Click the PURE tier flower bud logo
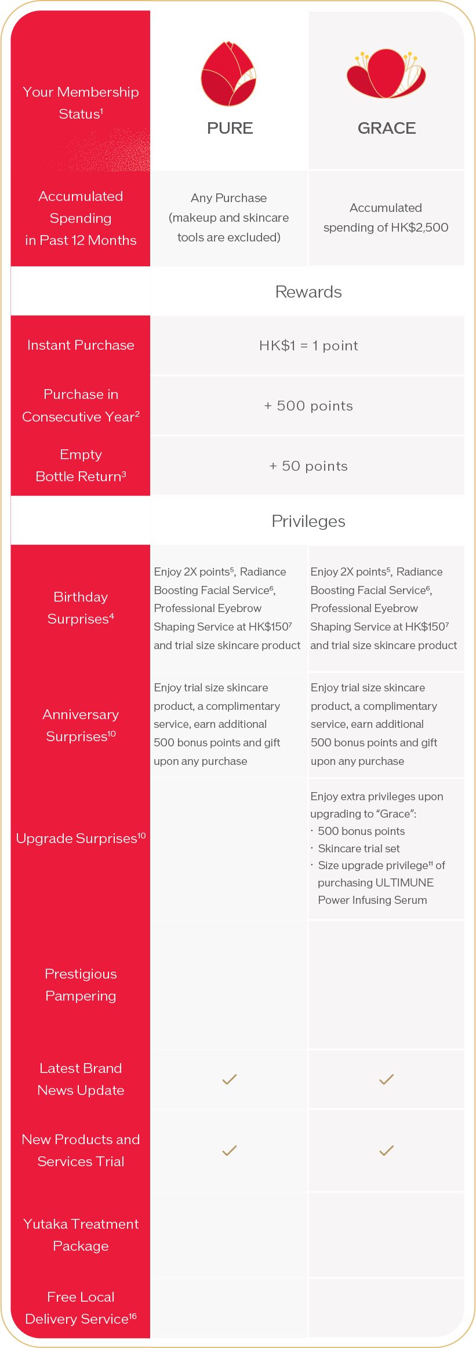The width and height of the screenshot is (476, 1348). [x=229, y=74]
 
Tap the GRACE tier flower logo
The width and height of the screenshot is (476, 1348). [x=386, y=74]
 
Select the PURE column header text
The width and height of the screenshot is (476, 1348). [x=230, y=128]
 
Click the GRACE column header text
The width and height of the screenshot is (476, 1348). [x=387, y=128]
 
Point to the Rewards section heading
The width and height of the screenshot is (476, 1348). [x=308, y=292]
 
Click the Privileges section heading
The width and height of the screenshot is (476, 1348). [x=308, y=521]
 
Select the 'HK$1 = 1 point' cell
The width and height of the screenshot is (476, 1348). [x=308, y=346]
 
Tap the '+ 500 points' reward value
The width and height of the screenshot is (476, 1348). [x=308, y=406]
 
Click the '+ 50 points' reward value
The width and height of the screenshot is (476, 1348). [x=308, y=466]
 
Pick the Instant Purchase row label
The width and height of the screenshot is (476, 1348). [x=81, y=345]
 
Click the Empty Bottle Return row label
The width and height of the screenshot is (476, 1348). [x=81, y=466]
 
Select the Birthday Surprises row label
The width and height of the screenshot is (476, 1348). [x=81, y=608]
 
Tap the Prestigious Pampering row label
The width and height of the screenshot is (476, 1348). [x=81, y=985]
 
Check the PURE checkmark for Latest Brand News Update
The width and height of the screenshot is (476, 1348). [x=230, y=1079]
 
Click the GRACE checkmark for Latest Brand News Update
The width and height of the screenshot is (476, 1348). [x=386, y=1079]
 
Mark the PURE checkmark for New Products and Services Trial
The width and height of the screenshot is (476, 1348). [x=230, y=1151]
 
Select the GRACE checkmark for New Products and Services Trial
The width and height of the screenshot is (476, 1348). [x=386, y=1151]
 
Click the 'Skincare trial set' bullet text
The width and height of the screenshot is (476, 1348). [x=359, y=848]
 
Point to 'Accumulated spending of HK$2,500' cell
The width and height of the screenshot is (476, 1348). [x=386, y=217]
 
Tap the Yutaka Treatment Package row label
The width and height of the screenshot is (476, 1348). [x=81, y=1235]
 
